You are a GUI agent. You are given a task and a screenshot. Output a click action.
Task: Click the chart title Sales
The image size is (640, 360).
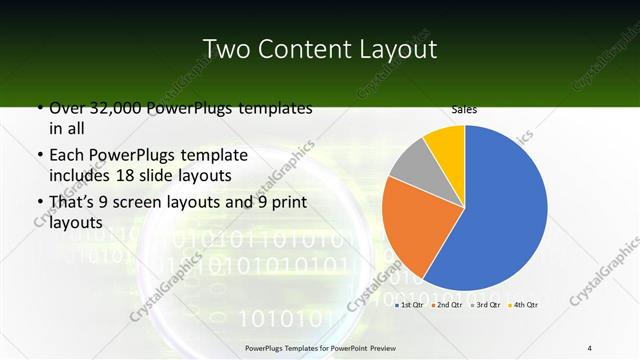click(463, 108)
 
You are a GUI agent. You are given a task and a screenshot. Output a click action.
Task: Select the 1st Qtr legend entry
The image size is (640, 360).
click(410, 304)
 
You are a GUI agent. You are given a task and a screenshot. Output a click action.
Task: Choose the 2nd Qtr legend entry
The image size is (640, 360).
click(446, 304)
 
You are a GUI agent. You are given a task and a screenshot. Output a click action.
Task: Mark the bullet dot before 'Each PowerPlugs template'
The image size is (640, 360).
click(40, 156)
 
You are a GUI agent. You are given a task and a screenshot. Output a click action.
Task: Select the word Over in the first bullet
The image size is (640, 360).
click(68, 109)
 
